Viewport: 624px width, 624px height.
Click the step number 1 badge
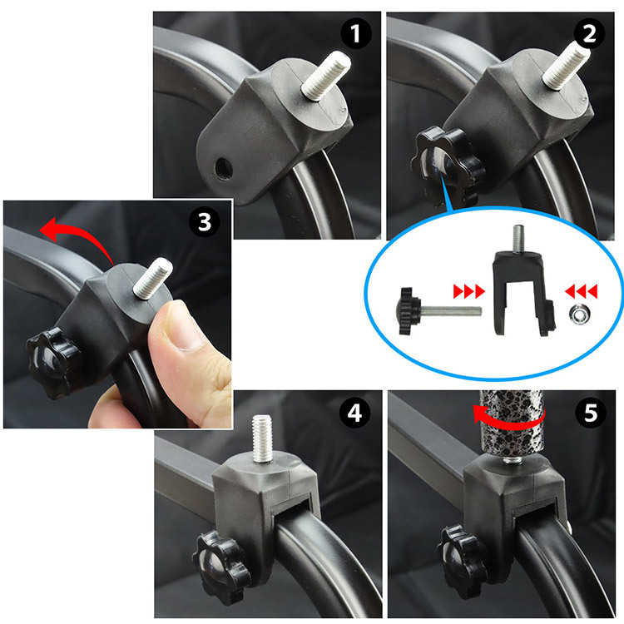tap(356, 33)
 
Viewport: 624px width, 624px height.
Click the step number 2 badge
tap(589, 33)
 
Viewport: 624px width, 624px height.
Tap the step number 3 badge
tap(205, 221)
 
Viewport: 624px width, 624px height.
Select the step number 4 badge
tap(354, 413)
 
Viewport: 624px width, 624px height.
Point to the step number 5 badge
tap(591, 413)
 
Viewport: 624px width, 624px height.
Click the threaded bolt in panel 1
tap(326, 76)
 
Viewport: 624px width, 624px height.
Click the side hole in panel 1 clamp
tap(224, 168)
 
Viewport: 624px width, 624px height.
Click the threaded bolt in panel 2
tap(566, 65)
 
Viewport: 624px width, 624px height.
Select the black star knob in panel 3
tap(53, 363)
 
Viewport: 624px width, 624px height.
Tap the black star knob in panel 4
tap(220, 567)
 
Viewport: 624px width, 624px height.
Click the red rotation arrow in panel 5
tap(508, 420)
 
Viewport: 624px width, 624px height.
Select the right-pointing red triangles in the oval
tap(468, 291)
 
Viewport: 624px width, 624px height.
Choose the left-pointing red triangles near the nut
tap(581, 291)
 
